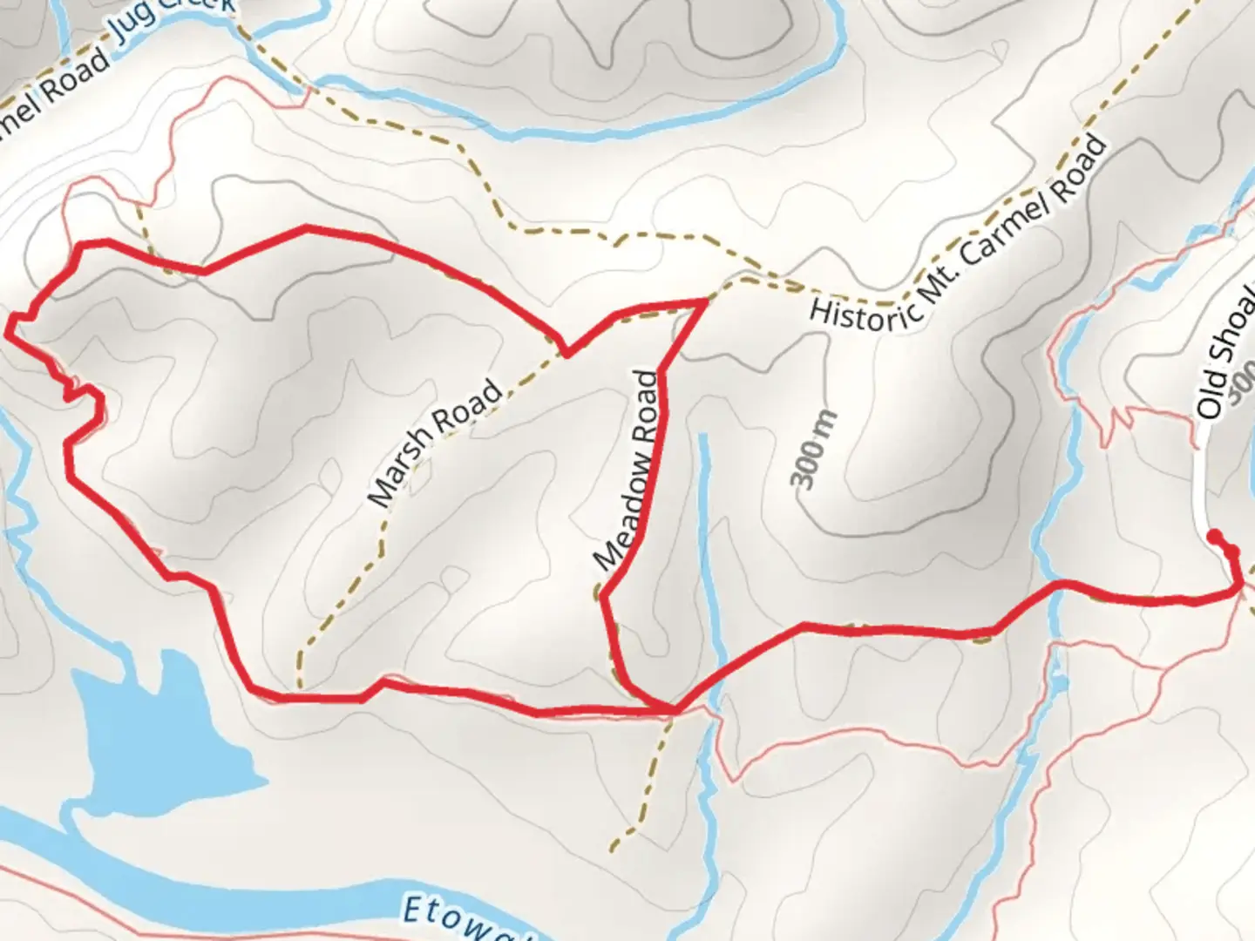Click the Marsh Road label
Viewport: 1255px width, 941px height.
pos(436,443)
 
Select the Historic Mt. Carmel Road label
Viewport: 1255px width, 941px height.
pos(957,234)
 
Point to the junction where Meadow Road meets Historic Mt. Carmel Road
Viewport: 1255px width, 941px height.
pos(704,301)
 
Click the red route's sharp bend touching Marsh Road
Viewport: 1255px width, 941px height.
pos(566,354)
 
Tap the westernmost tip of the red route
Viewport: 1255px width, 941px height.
pos(9,328)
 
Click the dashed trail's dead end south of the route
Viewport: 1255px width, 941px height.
pos(614,847)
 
